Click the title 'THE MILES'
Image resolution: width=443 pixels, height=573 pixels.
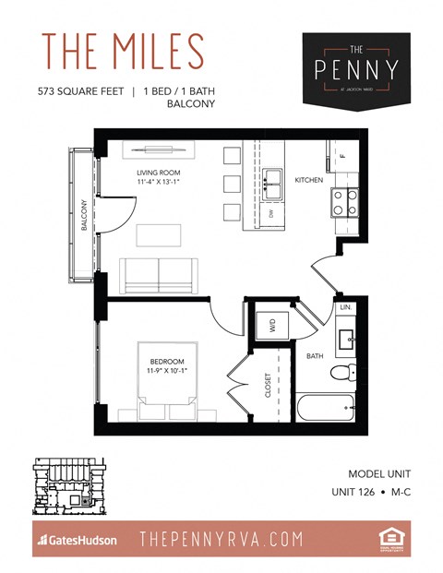tap(122, 52)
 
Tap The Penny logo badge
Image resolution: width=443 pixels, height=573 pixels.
tap(355, 68)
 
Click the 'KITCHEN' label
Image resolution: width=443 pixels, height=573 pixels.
tap(308, 180)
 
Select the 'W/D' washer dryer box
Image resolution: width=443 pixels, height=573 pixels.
tap(271, 325)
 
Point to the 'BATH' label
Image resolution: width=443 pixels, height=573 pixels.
tap(315, 355)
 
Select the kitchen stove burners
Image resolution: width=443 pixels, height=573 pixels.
tap(344, 202)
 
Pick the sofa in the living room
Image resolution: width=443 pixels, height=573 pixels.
tap(159, 273)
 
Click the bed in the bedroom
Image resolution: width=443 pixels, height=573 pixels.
tap(167, 381)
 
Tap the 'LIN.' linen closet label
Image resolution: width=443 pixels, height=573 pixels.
tap(346, 305)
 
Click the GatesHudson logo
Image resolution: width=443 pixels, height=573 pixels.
tap(78, 539)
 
